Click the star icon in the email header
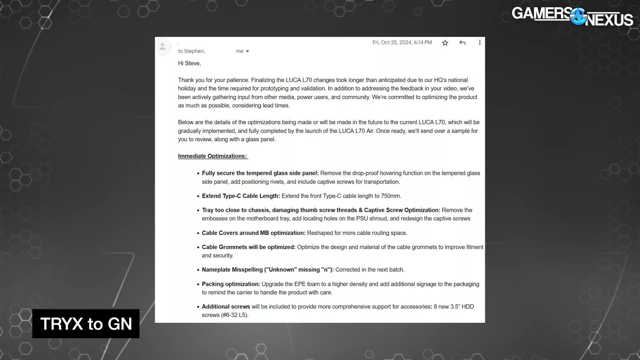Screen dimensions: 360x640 tap(445, 43)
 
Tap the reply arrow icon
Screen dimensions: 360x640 tap(462, 43)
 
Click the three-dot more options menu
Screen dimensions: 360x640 tap(480, 43)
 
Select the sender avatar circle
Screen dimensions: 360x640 tap(163, 47)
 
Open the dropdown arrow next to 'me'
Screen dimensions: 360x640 tap(247, 51)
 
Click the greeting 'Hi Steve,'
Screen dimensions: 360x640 tap(189, 63)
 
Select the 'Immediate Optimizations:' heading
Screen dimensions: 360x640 tap(212, 156)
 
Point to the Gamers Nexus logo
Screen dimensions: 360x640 tap(572, 16)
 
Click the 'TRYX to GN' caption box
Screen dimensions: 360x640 tap(86, 324)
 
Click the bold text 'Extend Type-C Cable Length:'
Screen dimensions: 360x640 tap(241, 196)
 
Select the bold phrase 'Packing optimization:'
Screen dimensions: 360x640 tap(231, 284)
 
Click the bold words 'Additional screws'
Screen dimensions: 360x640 tap(226, 306)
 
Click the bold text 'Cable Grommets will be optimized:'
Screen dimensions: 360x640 tap(248, 247)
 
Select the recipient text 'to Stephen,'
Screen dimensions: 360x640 tap(191, 51)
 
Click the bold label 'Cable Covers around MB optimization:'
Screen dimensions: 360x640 tap(254, 233)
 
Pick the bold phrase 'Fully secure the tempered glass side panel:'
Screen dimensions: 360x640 tap(260, 173)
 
